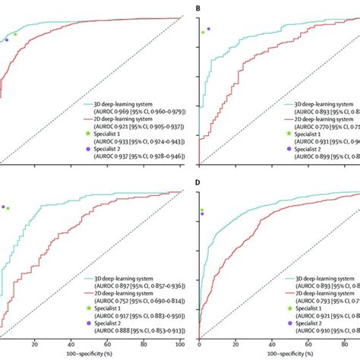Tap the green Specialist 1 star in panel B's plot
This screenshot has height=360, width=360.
click(x=203, y=33)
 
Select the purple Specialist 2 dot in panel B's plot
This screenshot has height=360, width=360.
click(x=209, y=29)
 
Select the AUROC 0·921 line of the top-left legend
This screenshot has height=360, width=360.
click(x=137, y=128)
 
